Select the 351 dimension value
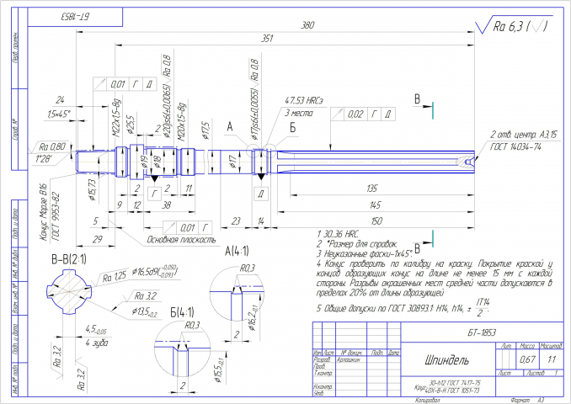click(268, 39)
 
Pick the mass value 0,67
click(528, 359)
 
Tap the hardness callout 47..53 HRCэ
click(305, 101)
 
